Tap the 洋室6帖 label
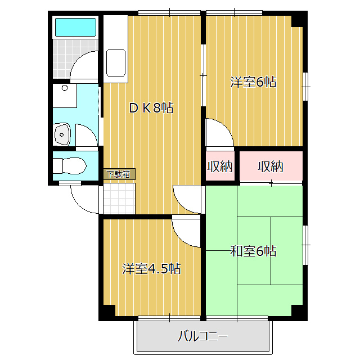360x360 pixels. [253, 82]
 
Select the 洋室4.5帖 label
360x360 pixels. [152, 269]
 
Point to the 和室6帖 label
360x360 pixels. [253, 251]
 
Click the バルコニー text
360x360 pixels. [202, 337]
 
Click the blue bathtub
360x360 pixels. [75, 27]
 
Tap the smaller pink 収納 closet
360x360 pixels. [220, 166]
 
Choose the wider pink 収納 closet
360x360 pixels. [271, 166]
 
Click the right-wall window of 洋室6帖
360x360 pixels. [306, 85]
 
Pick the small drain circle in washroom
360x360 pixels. [65, 88]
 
